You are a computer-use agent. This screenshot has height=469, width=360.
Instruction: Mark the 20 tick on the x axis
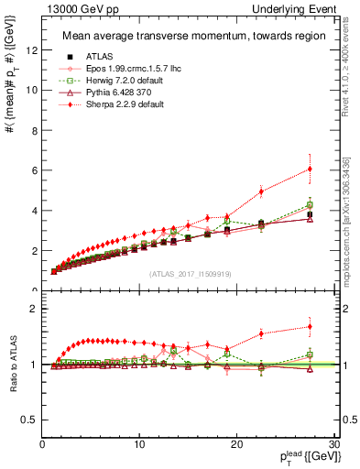pos(235,444)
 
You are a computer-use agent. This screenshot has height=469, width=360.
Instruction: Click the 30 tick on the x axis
pos(333,444)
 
